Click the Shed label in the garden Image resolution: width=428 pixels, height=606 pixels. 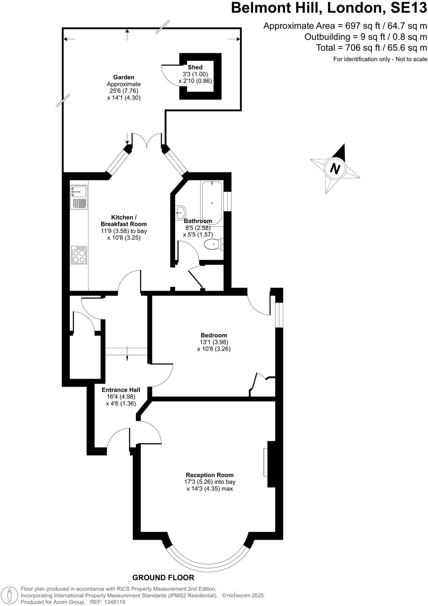(195, 67)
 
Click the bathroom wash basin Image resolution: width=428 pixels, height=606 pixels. (180, 212)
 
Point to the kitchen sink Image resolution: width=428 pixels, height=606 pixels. (79, 192)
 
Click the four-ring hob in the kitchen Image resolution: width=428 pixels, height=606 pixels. (79, 255)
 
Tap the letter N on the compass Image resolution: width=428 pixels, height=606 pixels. (335, 169)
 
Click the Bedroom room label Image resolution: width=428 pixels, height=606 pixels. (214, 335)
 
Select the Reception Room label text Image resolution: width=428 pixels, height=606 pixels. (210, 475)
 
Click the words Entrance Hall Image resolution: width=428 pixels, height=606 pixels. (121, 390)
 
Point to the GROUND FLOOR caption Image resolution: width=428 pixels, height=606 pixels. (163, 577)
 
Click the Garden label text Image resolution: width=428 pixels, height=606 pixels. (124, 77)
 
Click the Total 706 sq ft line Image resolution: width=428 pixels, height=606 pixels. (371, 48)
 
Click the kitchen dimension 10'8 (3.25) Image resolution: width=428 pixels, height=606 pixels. (124, 238)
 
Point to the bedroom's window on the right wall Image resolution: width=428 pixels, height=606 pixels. (279, 315)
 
